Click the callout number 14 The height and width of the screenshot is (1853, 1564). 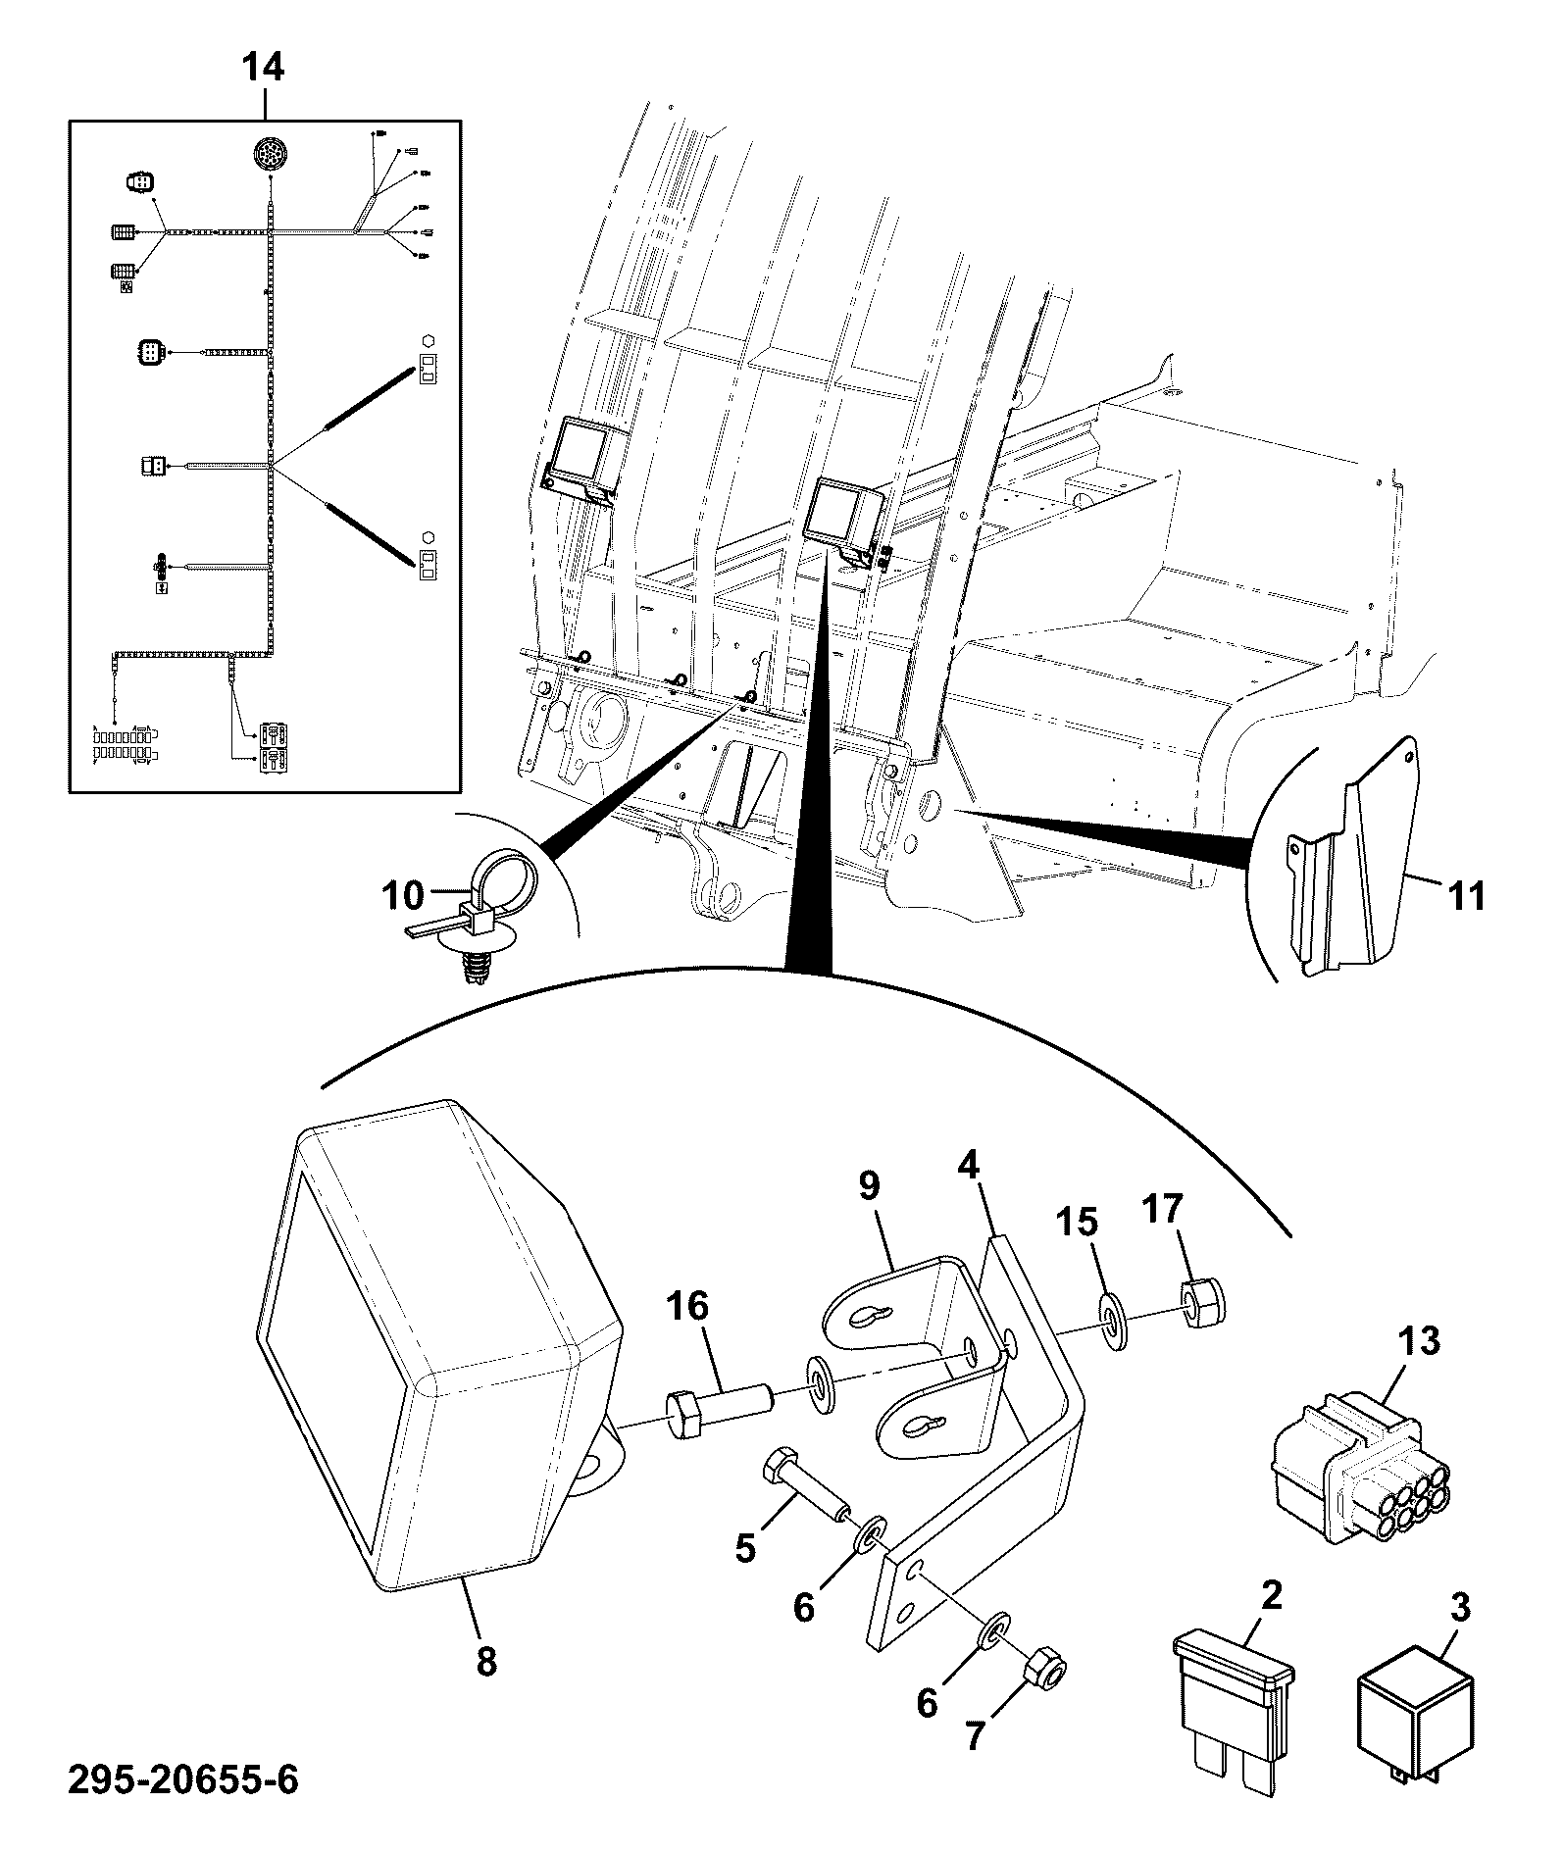(x=263, y=68)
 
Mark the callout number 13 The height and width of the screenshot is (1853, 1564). (x=1421, y=1340)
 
